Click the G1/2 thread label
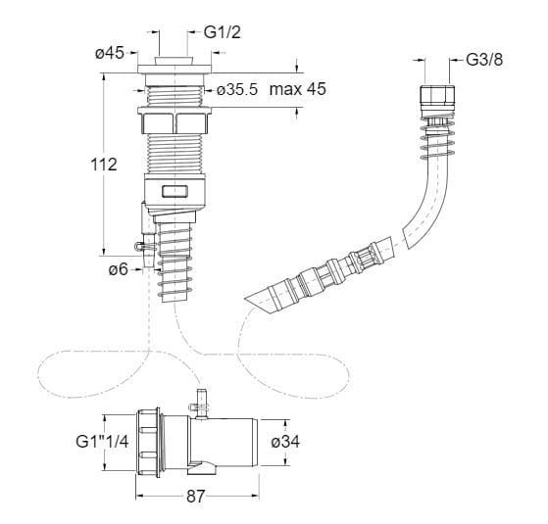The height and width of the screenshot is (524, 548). pyautogui.click(x=223, y=32)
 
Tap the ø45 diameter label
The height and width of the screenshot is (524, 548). pyautogui.click(x=110, y=53)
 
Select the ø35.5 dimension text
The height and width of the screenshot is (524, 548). pyautogui.click(x=237, y=90)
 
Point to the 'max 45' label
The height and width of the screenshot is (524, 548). pyautogui.click(x=298, y=89)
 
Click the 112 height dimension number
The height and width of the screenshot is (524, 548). pyautogui.click(x=104, y=165)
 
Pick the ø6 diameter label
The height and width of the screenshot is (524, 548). pyautogui.click(x=118, y=269)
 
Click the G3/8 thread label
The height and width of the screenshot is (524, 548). pyautogui.click(x=484, y=60)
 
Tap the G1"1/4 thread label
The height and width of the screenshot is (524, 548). pyautogui.click(x=102, y=442)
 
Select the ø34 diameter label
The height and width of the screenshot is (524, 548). pyautogui.click(x=285, y=442)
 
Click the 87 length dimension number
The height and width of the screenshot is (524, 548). pyautogui.click(x=195, y=497)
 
